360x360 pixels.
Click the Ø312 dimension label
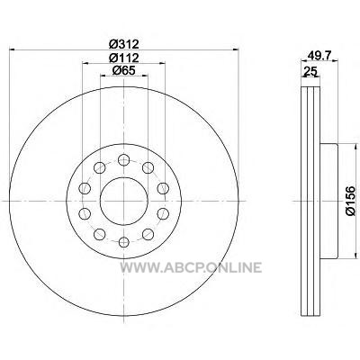click(124, 44)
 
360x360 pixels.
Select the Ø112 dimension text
click(124, 58)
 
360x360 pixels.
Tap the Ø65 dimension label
click(124, 70)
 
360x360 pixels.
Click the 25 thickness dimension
click(310, 71)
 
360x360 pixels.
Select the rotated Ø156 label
click(350, 201)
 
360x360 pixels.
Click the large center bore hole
click(124, 201)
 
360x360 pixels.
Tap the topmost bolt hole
click(123, 159)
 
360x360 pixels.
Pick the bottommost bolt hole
click(123, 242)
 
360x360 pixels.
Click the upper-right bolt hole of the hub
click(148, 167)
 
